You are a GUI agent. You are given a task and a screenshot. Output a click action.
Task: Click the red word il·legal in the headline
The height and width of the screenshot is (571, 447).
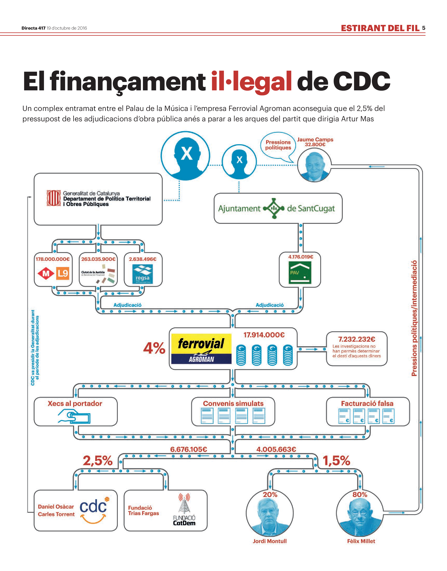point(251,81)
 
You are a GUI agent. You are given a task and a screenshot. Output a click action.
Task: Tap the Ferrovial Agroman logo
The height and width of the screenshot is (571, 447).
point(201,349)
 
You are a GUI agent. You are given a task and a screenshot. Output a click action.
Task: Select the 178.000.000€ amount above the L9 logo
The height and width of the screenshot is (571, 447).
point(53,259)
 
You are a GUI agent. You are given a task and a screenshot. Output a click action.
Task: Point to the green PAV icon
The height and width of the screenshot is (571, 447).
point(300,273)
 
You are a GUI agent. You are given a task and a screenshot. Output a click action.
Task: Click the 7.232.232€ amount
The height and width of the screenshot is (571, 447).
point(357,339)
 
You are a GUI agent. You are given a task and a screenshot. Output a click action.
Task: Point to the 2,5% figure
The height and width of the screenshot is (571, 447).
point(98,461)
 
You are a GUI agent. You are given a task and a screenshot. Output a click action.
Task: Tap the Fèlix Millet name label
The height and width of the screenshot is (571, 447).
point(361,541)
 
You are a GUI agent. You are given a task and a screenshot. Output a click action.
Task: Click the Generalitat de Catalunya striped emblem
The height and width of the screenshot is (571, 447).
point(54,198)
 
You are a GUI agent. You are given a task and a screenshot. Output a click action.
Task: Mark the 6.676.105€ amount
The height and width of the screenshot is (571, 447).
point(188,449)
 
